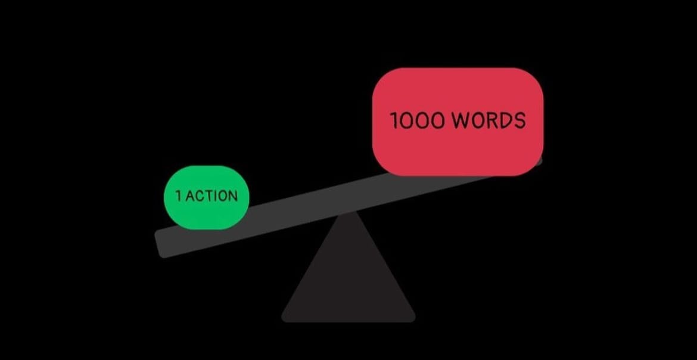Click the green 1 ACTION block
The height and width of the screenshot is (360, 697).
point(206,197)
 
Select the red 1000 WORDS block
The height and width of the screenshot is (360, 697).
point(458,122)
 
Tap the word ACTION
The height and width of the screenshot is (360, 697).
point(211,196)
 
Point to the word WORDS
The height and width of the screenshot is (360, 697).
point(488,120)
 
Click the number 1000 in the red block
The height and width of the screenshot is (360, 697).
point(417,121)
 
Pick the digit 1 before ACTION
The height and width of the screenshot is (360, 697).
point(179,196)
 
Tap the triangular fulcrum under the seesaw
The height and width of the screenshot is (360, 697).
point(348,280)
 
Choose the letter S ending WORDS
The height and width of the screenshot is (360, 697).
point(519,120)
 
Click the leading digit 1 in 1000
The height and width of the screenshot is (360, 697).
point(394,121)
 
